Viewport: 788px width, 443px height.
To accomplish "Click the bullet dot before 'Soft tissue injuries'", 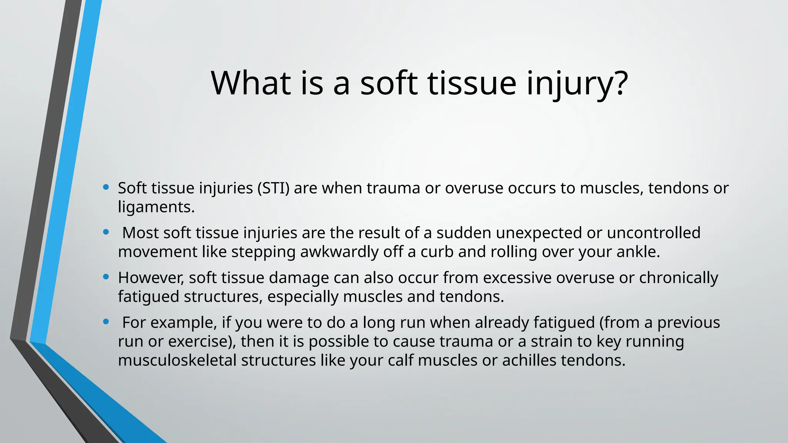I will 106,188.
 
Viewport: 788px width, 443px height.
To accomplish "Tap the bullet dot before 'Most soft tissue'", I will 106,232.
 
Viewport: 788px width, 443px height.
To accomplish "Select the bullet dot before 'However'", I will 106,277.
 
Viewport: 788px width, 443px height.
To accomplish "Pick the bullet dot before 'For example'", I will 106,322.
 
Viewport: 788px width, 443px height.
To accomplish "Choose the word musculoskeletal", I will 177,360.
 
